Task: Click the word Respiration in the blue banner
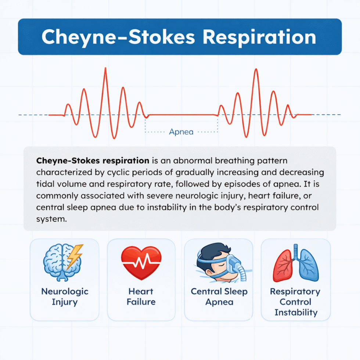point(259,37)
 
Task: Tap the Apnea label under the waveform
point(181,132)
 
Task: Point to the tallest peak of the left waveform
point(105,68)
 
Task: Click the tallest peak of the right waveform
point(256,69)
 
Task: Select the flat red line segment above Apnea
point(182,114)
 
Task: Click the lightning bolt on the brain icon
point(75,256)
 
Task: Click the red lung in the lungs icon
point(283,265)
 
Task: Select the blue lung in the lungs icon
point(308,265)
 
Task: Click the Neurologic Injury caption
point(65,297)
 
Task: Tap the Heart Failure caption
point(141,296)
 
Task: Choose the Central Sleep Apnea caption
point(219,297)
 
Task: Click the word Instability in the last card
point(296,313)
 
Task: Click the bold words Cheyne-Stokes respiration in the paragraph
point(93,161)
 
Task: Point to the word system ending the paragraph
point(51,219)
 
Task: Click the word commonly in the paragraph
point(57,196)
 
